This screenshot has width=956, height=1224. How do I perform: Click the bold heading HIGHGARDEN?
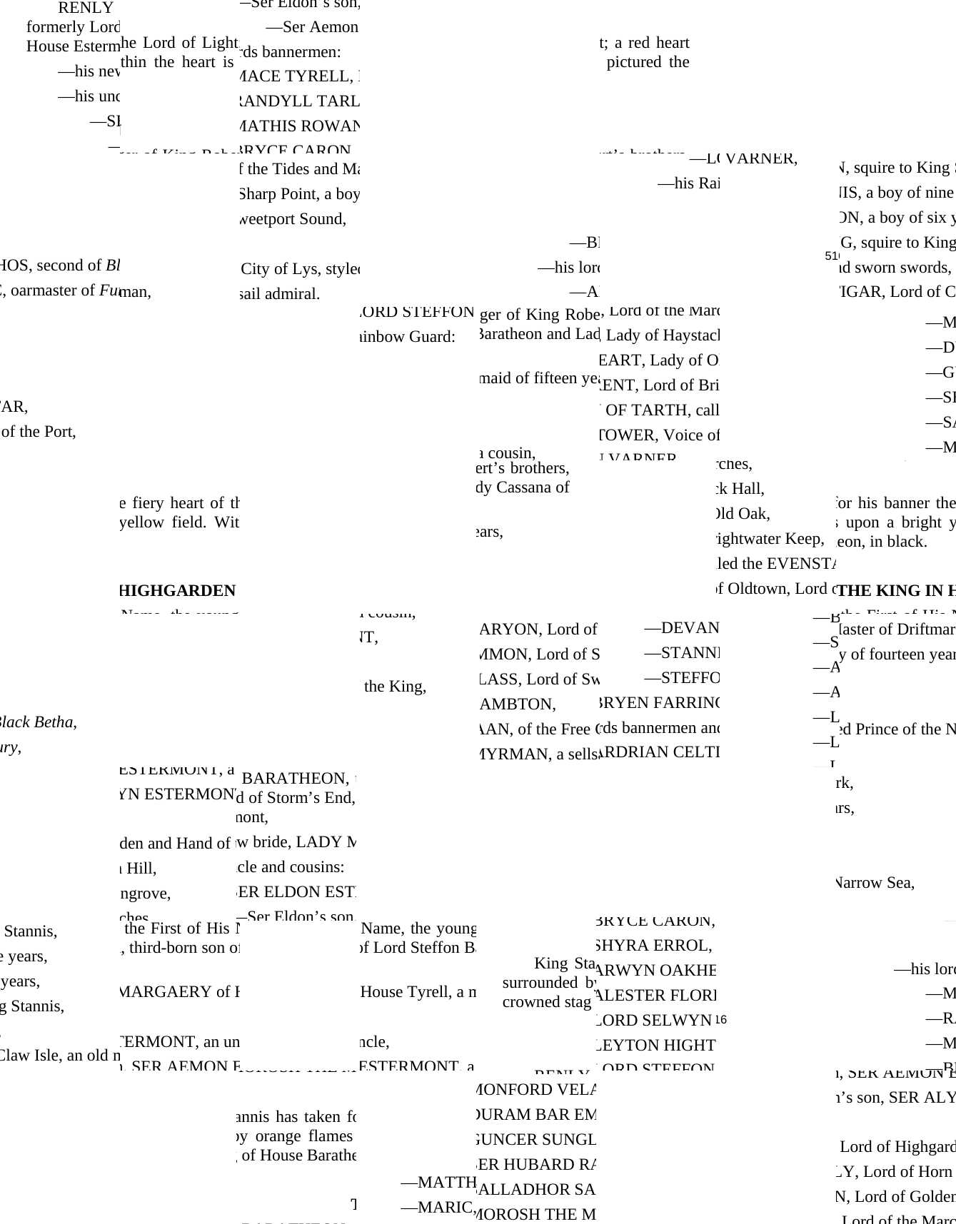[177, 591]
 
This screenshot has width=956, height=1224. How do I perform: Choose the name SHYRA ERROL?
[653, 946]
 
